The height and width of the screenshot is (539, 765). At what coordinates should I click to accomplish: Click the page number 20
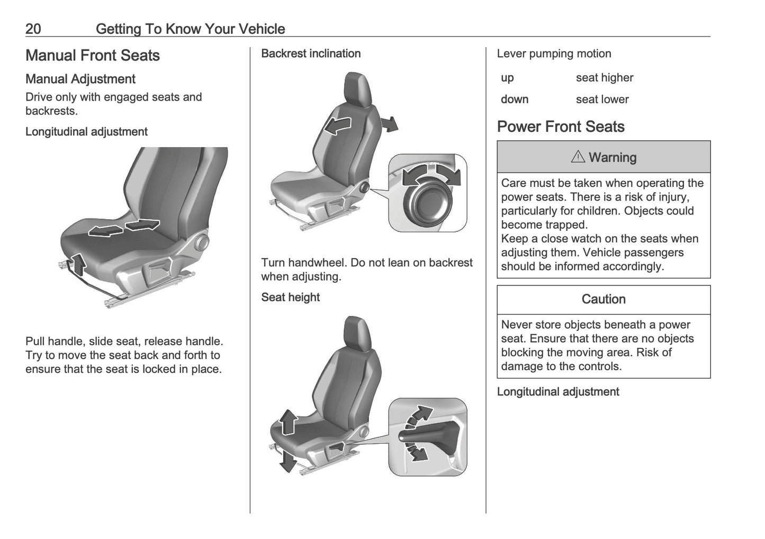click(33, 29)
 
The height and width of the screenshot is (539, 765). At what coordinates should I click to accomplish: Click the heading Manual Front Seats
click(93, 56)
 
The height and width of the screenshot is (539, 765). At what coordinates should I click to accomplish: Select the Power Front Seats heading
click(561, 127)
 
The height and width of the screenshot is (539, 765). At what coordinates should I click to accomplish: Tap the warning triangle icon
click(578, 157)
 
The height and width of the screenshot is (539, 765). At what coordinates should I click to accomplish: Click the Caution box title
click(604, 300)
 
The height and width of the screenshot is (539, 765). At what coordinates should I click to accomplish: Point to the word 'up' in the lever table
click(507, 78)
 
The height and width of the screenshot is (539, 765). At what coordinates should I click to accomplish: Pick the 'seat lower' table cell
click(602, 100)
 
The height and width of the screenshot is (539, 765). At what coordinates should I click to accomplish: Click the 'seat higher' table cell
click(605, 78)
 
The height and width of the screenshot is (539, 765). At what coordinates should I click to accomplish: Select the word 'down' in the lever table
click(515, 100)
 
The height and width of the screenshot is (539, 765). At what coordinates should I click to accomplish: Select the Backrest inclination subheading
click(311, 53)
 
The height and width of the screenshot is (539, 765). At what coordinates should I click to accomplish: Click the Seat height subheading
click(290, 298)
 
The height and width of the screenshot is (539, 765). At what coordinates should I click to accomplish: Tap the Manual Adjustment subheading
click(80, 79)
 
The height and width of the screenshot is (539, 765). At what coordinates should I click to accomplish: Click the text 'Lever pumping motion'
click(554, 53)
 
